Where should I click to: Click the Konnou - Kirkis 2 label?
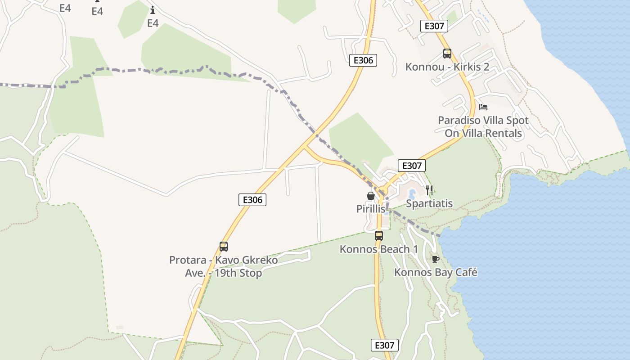(447, 67)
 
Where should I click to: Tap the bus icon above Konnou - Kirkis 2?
(447, 54)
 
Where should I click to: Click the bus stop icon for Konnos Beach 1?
(379, 235)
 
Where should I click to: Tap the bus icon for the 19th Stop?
(224, 247)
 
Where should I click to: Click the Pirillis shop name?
(371, 209)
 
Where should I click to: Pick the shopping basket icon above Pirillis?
(371, 196)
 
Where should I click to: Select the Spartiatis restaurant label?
(429, 203)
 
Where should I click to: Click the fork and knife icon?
(429, 190)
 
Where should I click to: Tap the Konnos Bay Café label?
(436, 272)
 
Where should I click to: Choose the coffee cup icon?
(435, 259)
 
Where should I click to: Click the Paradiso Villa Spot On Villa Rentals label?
(483, 127)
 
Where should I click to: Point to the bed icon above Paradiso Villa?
(483, 107)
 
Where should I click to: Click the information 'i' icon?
(153, 10)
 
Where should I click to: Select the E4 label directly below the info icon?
(153, 23)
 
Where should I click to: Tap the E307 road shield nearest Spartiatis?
(411, 166)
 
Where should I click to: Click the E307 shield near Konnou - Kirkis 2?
(434, 26)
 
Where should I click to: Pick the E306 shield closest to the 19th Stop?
(252, 200)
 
